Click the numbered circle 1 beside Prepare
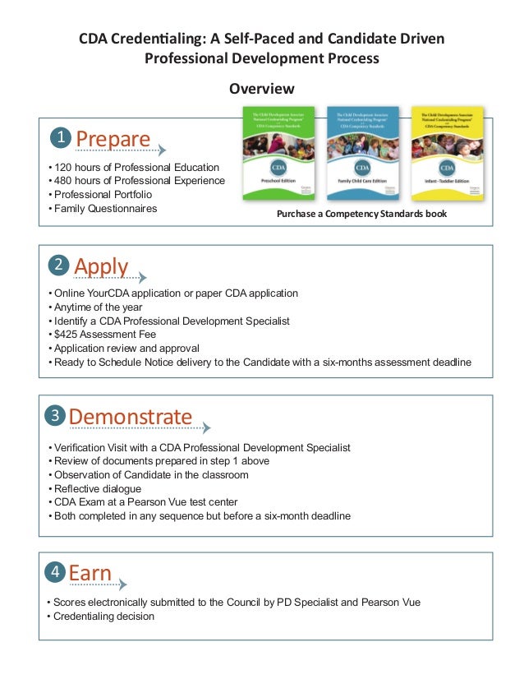pyautogui.click(x=59, y=136)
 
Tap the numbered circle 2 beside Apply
pyautogui.click(x=58, y=265)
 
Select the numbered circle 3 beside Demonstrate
pyautogui.click(x=55, y=415)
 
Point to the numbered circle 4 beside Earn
pyautogui.click(x=55, y=571)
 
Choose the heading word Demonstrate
pyautogui.click(x=131, y=417)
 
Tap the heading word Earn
pyautogui.click(x=90, y=573)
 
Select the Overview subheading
pyautogui.click(x=261, y=88)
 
